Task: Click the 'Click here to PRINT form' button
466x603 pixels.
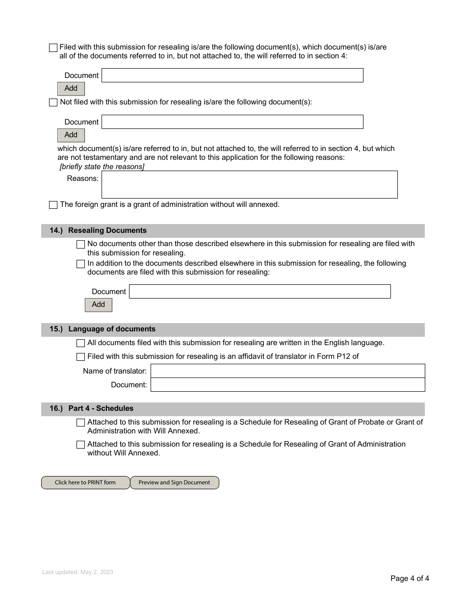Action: [x=85, y=482]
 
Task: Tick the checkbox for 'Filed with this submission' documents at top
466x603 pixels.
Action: [x=53, y=48]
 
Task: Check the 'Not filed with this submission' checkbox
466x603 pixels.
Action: [x=53, y=102]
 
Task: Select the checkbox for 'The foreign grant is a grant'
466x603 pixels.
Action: [x=53, y=205]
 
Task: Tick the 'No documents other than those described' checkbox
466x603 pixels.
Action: [x=81, y=244]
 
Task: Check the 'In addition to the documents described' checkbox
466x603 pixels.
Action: [x=81, y=264]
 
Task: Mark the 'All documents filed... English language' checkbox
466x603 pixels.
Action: [x=81, y=343]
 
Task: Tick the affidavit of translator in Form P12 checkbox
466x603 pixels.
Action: [x=81, y=357]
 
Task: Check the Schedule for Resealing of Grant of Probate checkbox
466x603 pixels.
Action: [x=81, y=423]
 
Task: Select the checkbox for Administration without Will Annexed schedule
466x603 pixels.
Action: [x=81, y=445]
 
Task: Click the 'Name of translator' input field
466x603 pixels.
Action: [x=287, y=371]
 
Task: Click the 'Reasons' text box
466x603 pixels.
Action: [x=249, y=184]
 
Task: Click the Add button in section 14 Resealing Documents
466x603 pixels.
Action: [x=99, y=305]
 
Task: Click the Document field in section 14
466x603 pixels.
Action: [x=259, y=292]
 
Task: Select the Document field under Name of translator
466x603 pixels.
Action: [x=287, y=385]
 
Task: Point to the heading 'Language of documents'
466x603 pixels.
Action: [x=112, y=329]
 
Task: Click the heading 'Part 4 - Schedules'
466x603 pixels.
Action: [x=101, y=408]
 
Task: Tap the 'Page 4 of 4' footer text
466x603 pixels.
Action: [x=410, y=578]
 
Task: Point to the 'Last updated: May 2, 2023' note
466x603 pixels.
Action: [x=78, y=572]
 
